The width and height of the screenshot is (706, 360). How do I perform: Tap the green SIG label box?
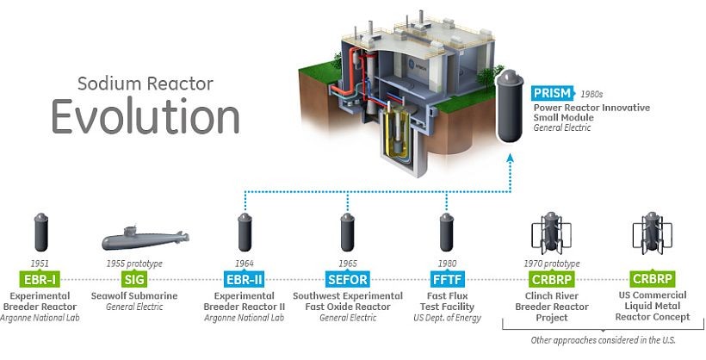point(133,279)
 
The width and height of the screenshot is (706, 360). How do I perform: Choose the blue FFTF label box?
point(446,279)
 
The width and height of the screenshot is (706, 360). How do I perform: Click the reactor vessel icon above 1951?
point(40,231)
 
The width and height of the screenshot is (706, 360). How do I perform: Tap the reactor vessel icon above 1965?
point(346,231)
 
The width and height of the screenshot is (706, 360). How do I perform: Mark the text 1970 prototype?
point(552,263)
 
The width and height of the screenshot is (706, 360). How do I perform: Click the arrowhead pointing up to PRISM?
point(511,158)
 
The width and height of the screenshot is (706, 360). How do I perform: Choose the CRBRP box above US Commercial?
point(652,279)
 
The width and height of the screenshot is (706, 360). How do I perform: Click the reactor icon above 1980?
point(446,231)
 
